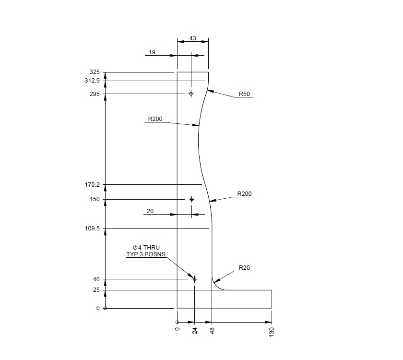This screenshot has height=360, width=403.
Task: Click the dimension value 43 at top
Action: (192, 37)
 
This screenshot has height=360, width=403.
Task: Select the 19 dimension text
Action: (152, 52)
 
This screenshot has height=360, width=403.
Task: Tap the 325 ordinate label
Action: (95, 72)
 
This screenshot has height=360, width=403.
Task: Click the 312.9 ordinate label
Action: (92, 81)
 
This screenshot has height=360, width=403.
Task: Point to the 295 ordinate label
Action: (95, 94)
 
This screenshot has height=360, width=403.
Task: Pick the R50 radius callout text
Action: (244, 94)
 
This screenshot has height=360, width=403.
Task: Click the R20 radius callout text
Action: (244, 268)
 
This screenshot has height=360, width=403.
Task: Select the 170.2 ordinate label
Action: (92, 184)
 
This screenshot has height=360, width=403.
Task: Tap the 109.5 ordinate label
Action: (92, 229)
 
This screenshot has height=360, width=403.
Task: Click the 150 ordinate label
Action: (95, 199)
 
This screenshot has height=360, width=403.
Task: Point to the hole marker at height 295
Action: (191, 94)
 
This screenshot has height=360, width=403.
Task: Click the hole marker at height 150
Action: (191, 199)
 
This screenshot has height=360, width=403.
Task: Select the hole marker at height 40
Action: (194, 279)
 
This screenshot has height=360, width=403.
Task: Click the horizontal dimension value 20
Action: (150, 210)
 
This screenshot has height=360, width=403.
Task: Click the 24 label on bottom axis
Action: (195, 330)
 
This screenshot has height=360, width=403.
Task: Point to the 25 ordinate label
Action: (96, 290)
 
